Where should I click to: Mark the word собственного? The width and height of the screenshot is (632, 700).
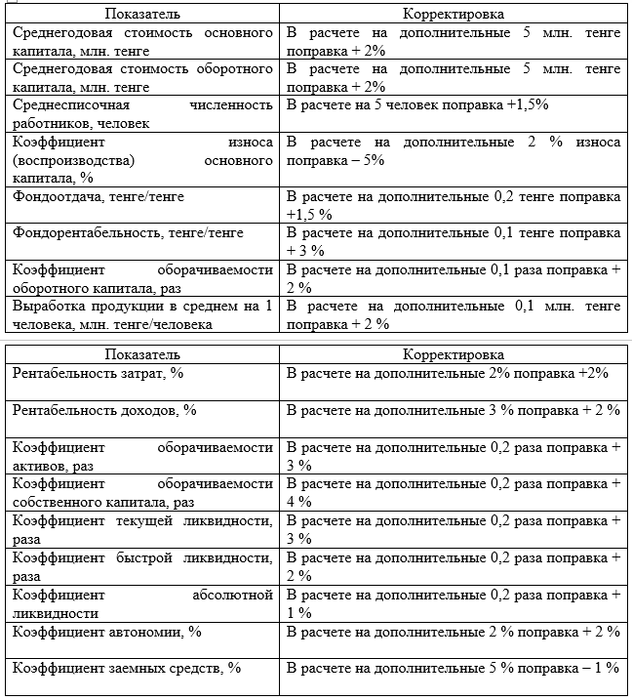pos(58,502)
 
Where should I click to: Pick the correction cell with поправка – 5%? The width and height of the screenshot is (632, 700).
pos(453,150)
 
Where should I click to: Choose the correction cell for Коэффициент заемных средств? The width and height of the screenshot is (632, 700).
pos(453,670)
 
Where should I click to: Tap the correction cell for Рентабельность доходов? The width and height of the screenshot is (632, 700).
pos(453,410)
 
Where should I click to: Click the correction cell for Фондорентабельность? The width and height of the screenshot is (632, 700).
pos(453,241)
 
